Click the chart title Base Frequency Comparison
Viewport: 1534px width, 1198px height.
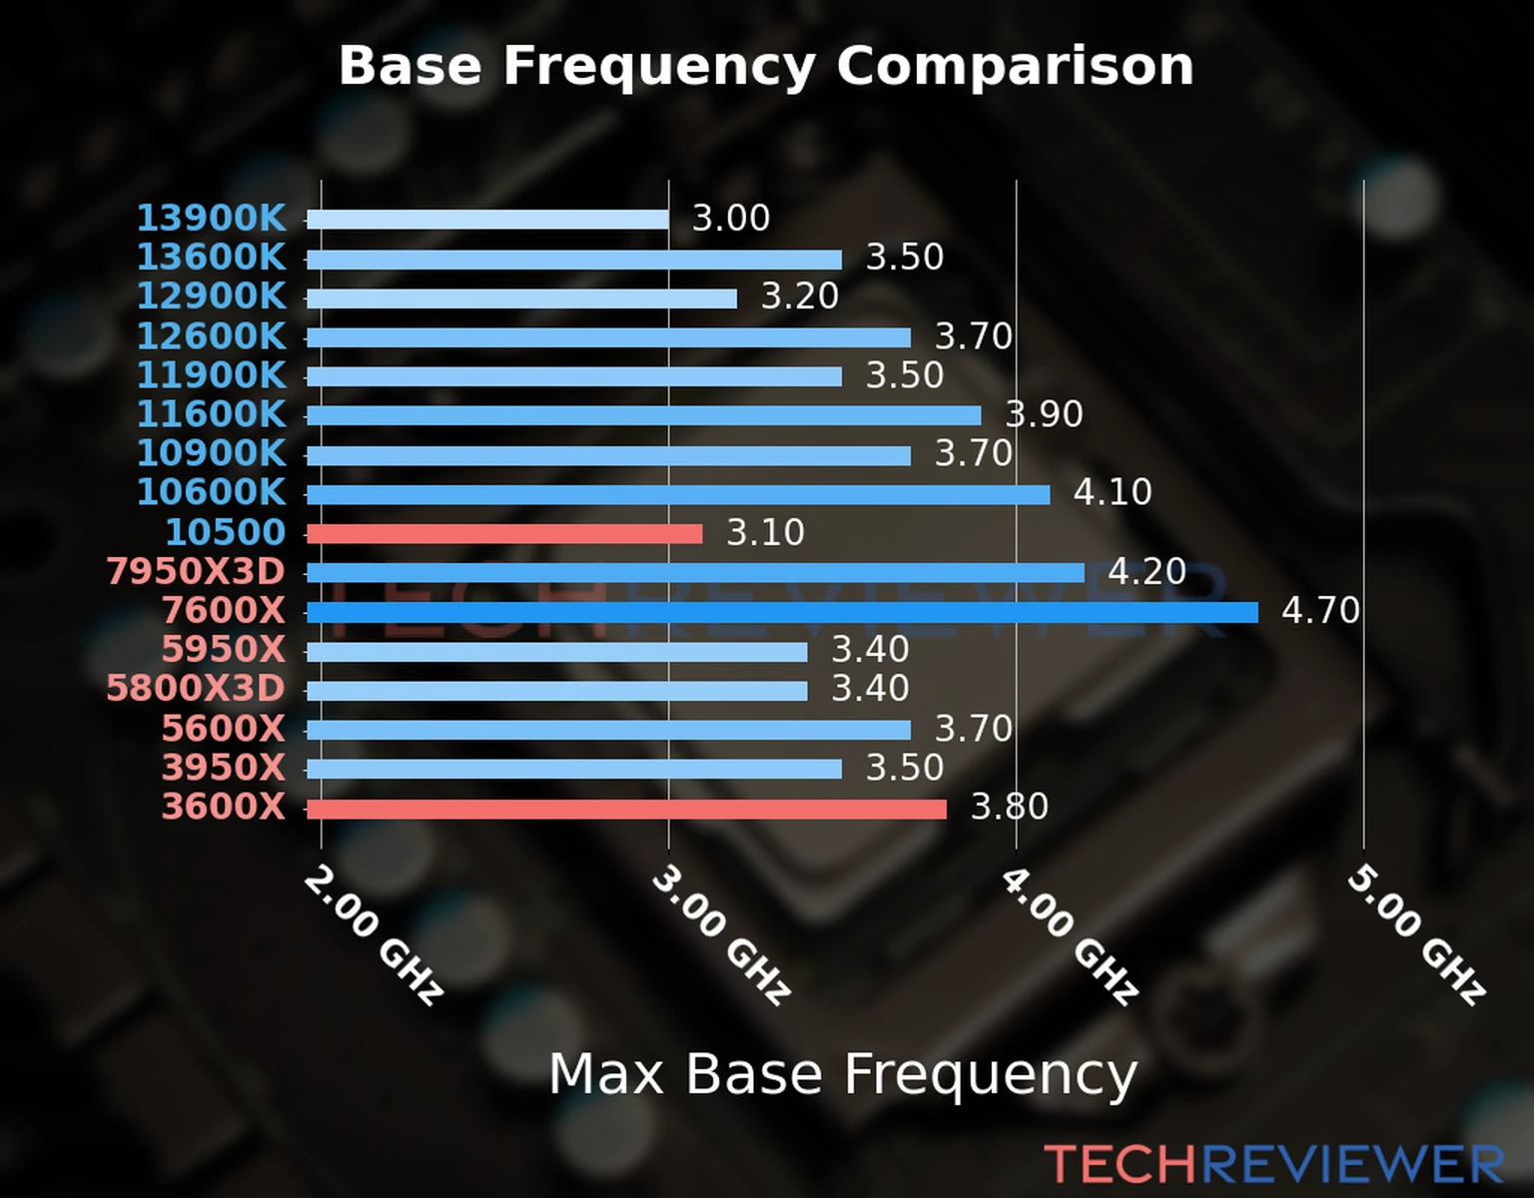pyautogui.click(x=766, y=66)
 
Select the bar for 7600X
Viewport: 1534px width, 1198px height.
pyautogui.click(x=782, y=612)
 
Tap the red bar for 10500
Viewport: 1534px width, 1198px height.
pyautogui.click(x=504, y=534)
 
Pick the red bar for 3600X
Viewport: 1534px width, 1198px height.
pyautogui.click(x=626, y=809)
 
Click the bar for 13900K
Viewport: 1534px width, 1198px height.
pyautogui.click(x=487, y=220)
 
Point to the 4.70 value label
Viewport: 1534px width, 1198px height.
pyautogui.click(x=1320, y=610)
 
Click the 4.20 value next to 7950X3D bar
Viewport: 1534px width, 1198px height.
pyautogui.click(x=1147, y=571)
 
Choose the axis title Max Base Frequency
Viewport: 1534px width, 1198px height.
pyautogui.click(x=843, y=1074)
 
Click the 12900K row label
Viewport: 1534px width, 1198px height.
pyautogui.click(x=211, y=297)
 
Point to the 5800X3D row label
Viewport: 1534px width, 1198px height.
pyautogui.click(x=196, y=689)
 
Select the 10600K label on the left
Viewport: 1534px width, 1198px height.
pyautogui.click(x=211, y=492)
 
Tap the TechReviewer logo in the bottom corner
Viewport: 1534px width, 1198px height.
pyautogui.click(x=1273, y=1164)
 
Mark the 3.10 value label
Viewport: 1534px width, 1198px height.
pyautogui.click(x=765, y=532)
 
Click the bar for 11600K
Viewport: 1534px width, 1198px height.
pyautogui.click(x=643, y=416)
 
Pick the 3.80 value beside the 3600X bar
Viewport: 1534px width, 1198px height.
pyautogui.click(x=1010, y=807)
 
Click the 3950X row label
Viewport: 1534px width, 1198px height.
pyautogui.click(x=224, y=768)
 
